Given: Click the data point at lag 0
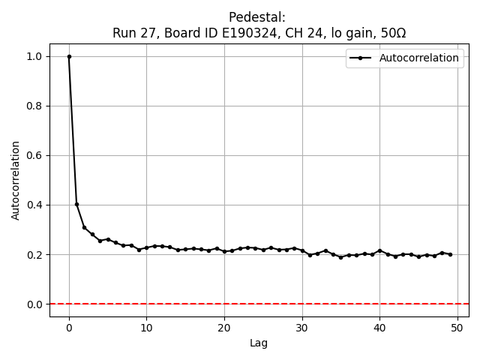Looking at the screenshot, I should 69,56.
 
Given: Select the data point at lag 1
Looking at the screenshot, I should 76,204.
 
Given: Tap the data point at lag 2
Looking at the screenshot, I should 85,227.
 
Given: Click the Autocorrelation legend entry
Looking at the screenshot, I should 419,58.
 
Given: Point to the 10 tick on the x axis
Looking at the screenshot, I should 146,327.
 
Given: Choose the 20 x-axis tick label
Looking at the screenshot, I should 224,327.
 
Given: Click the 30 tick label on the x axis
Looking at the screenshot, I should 301,327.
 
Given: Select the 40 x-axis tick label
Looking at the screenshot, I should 379,327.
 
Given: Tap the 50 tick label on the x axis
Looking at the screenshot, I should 457,327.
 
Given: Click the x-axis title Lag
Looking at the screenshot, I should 259,343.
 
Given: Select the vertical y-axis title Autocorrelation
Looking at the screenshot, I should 16,180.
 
